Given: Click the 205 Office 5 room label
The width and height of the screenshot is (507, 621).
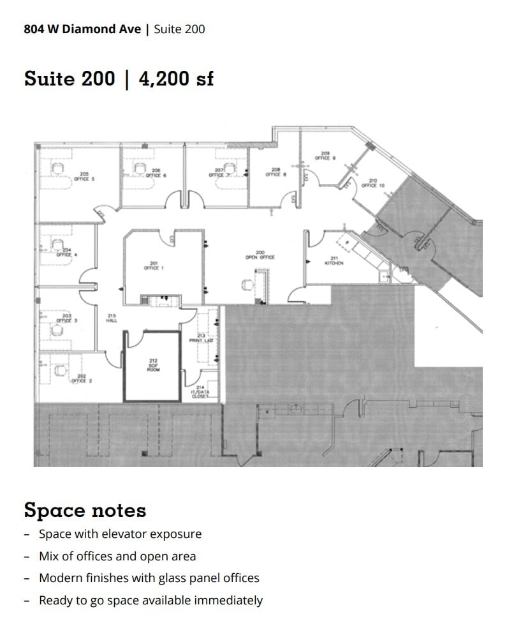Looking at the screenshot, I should (84, 177).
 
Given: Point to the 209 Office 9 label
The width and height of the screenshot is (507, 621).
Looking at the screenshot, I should (325, 156).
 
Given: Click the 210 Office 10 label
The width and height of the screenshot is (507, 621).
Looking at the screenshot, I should (373, 183).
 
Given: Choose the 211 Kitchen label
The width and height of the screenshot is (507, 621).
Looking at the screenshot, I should (334, 260).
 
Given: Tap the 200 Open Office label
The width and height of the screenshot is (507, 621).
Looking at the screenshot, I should (260, 255).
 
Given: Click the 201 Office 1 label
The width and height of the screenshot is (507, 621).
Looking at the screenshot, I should (154, 266).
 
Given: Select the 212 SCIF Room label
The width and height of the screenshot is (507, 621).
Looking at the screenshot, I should (153, 365).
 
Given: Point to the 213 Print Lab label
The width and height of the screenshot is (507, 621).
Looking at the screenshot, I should (201, 338).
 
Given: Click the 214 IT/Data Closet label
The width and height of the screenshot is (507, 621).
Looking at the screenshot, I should (200, 391).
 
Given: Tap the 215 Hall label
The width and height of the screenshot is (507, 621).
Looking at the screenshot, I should (112, 318).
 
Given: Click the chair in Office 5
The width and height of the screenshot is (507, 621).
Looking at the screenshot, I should (58, 168).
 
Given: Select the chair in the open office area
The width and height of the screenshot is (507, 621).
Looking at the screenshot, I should (248, 285).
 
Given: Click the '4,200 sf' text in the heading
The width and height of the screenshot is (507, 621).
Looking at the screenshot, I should (176, 79).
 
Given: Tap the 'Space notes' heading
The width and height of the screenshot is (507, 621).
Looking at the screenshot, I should (85, 511).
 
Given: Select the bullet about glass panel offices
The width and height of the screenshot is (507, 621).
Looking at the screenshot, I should (149, 578).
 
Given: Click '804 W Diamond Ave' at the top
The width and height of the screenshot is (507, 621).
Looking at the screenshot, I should (83, 29).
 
